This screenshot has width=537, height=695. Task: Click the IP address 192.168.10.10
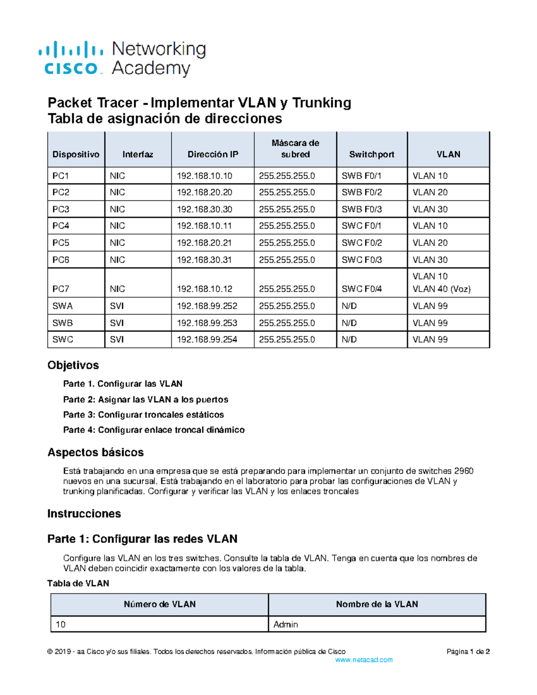tap(205, 176)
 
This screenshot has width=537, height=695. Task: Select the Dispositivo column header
tap(76, 154)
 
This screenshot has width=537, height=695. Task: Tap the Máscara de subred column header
tap(295, 149)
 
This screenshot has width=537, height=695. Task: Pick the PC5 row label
tap(61, 243)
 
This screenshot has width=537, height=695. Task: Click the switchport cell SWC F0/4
tap(362, 289)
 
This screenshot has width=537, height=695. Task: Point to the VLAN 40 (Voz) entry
tap(441, 289)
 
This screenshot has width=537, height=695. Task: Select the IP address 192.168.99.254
tap(207, 340)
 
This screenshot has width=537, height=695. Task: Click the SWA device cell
tap(62, 306)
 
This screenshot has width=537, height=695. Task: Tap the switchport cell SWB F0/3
tap(362, 209)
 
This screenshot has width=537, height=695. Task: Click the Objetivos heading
tap(73, 365)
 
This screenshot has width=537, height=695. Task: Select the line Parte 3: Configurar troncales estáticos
tap(143, 415)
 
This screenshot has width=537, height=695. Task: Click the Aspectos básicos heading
tap(95, 452)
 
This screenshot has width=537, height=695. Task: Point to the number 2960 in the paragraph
tap(464, 471)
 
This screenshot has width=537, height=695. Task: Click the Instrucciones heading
tap(84, 514)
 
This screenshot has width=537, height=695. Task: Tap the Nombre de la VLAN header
tap(377, 604)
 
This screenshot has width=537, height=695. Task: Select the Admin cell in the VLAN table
tap(286, 624)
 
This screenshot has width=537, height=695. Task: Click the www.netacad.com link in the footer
tap(364, 660)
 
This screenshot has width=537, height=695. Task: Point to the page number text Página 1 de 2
tap(468, 652)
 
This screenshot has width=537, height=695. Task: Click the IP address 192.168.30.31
tap(205, 260)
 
